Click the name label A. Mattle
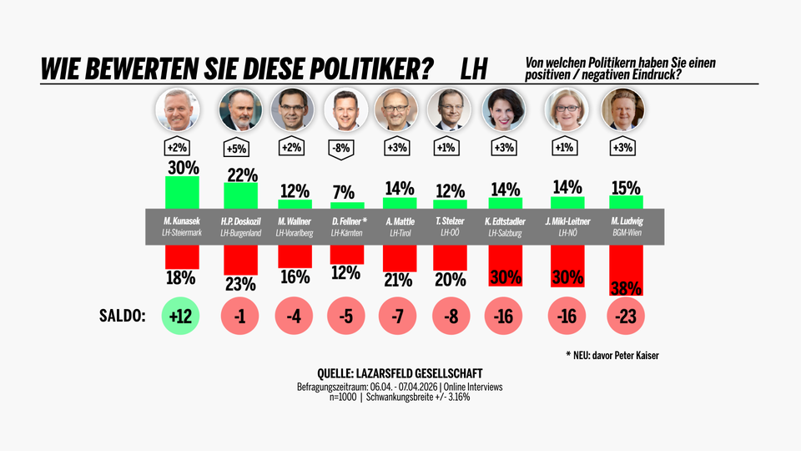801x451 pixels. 400,222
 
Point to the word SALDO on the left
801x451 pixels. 123,317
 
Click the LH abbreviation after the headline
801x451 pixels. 474,69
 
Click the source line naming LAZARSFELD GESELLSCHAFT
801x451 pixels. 400,373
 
